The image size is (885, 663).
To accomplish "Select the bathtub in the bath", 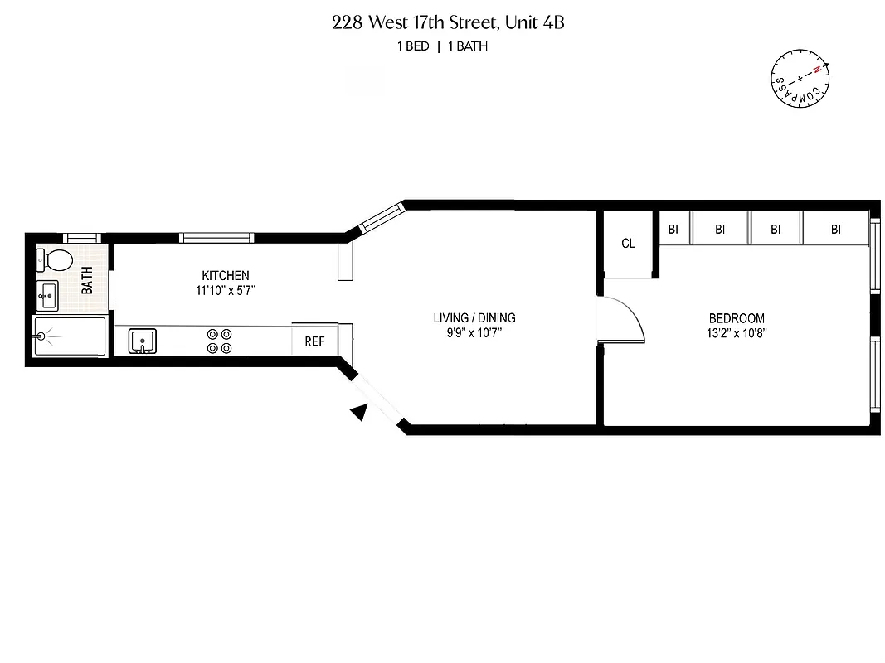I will point(70,336).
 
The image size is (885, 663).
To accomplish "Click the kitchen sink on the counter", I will point(143,340).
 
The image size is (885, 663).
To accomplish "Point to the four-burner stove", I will point(219,341).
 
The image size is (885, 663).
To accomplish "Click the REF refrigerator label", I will point(314,341).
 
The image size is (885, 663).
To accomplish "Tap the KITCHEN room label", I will point(226,276).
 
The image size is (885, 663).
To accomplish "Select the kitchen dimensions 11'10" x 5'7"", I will point(226,291).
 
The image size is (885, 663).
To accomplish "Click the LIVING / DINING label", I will point(474,318).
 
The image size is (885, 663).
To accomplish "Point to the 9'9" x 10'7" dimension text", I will point(474,333).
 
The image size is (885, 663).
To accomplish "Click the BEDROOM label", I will point(737,318).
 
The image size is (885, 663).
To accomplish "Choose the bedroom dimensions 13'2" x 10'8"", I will point(737,333).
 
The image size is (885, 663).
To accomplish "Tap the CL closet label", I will point(628,244).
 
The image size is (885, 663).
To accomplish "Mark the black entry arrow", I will point(358,411).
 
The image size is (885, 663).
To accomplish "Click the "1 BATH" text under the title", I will point(468,46).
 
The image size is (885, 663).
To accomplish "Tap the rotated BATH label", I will point(87,283).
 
